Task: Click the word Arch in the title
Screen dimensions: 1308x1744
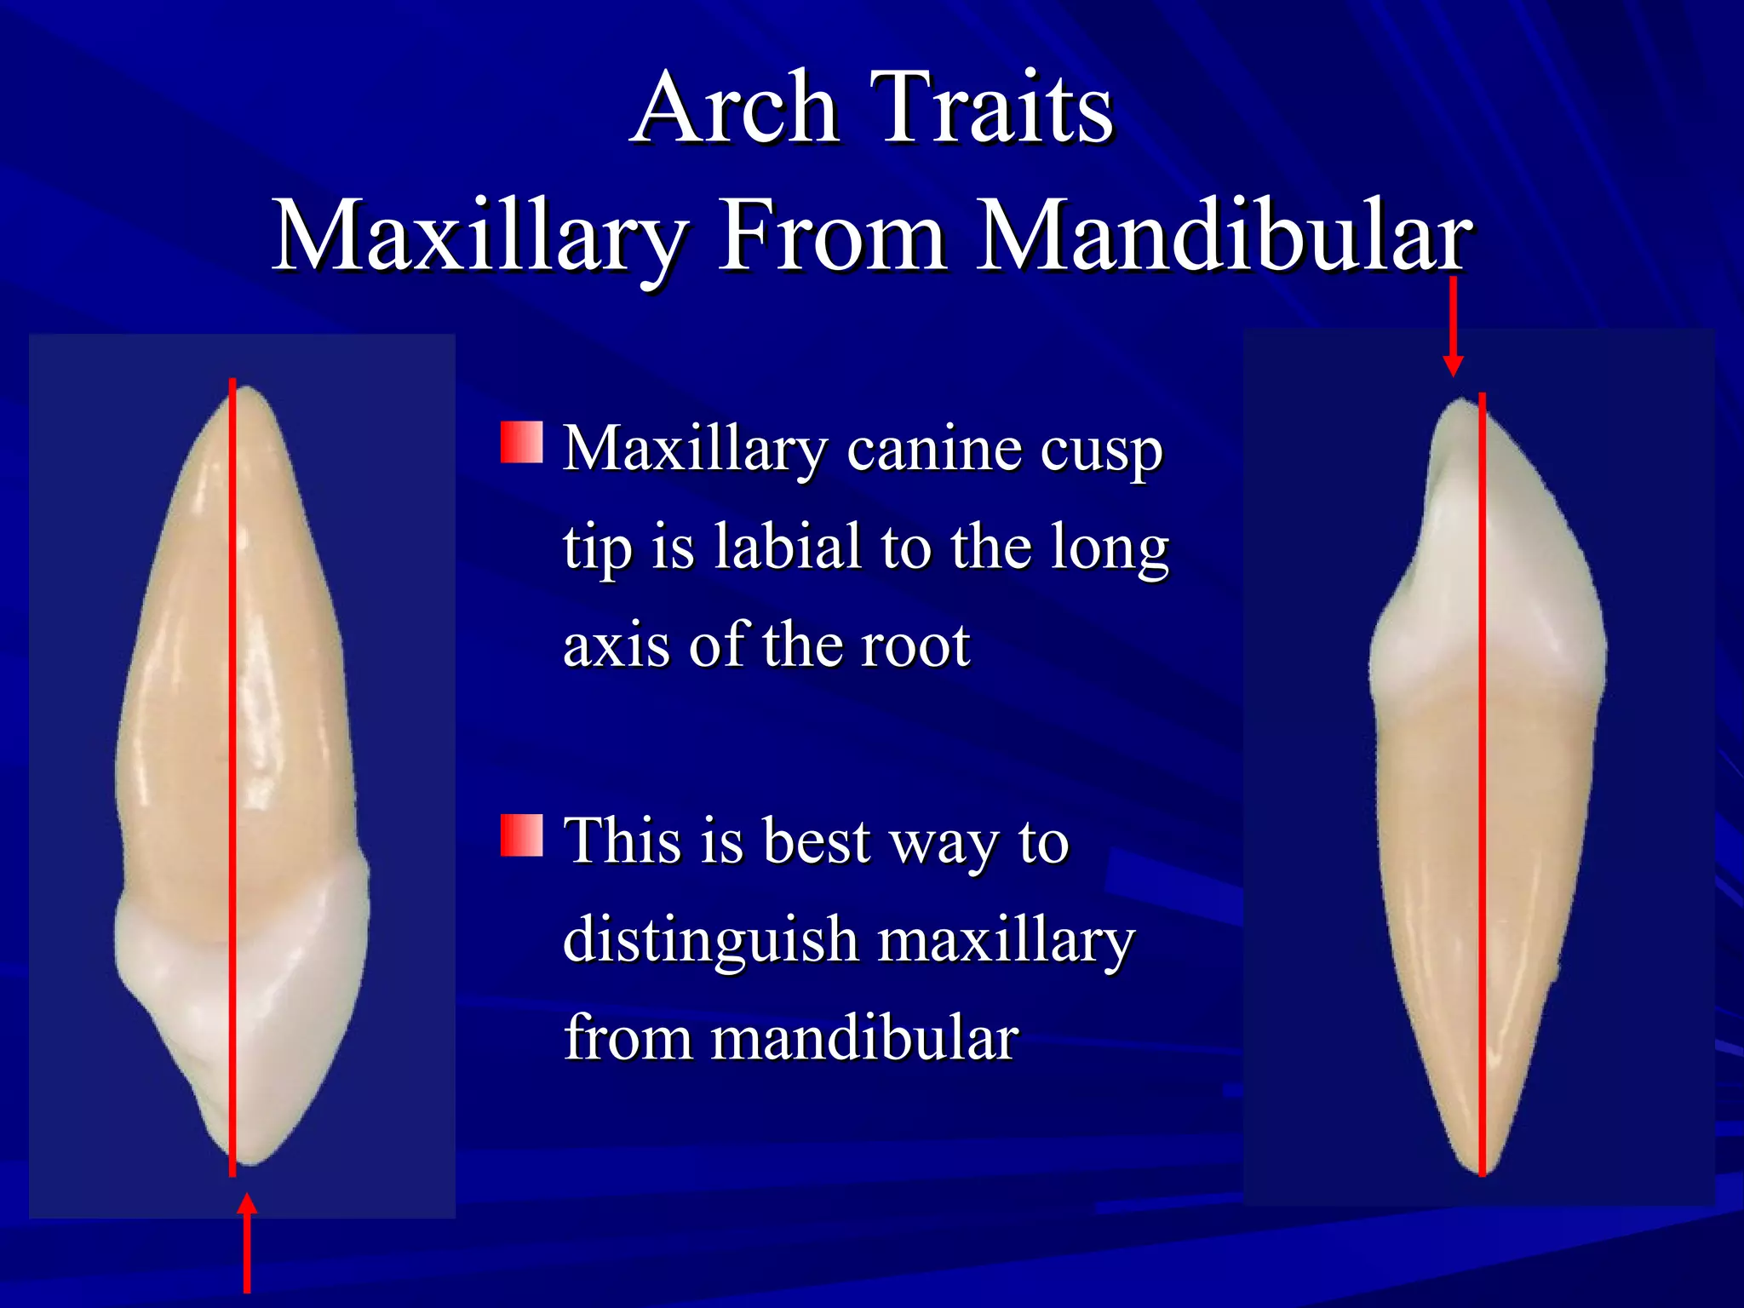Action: (737, 109)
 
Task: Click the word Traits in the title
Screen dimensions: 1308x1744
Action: (992, 109)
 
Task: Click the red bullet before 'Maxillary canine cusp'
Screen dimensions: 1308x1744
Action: (521, 442)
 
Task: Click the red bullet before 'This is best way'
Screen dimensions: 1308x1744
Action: (521, 835)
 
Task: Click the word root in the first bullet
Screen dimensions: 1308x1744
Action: (915, 645)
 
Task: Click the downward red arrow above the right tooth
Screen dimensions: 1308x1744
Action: (1454, 328)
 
